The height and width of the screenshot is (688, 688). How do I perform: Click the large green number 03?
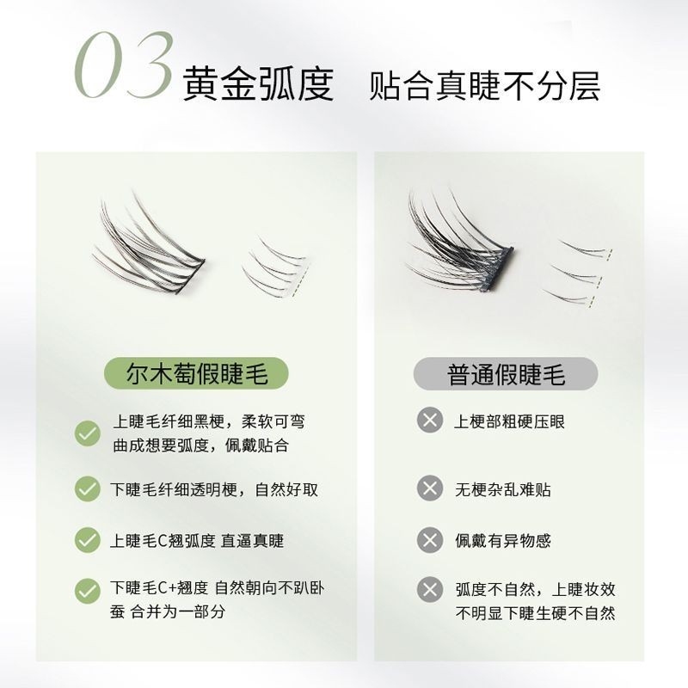(124, 65)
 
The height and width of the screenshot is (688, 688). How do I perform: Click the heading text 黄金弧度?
(258, 83)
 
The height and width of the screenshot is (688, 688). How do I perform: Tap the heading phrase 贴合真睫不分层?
(484, 86)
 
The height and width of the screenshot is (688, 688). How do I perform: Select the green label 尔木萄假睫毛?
(196, 373)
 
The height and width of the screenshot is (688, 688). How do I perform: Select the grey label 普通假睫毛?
(506, 374)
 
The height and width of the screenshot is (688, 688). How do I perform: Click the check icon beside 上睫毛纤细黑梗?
(88, 433)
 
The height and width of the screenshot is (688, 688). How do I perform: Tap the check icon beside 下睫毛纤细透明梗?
(88, 488)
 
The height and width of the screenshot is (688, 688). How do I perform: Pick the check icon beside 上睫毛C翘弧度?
(88, 540)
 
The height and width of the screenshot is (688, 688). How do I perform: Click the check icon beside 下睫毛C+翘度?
(88, 591)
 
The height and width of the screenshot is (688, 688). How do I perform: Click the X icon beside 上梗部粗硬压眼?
(430, 420)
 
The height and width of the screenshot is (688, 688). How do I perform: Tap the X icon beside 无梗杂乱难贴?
(430, 488)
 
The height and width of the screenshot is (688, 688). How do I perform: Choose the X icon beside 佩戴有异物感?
(430, 540)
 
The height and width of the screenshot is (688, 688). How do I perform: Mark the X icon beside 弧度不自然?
(430, 589)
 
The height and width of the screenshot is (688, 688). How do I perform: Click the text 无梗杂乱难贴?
(503, 489)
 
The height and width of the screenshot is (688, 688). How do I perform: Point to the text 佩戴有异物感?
(503, 541)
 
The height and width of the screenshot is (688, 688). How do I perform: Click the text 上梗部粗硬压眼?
(509, 421)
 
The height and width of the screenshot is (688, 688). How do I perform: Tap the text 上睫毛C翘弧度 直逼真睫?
(197, 541)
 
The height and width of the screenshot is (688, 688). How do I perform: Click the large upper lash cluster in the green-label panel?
(149, 246)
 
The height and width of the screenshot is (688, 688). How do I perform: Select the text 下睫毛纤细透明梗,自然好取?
(214, 489)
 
